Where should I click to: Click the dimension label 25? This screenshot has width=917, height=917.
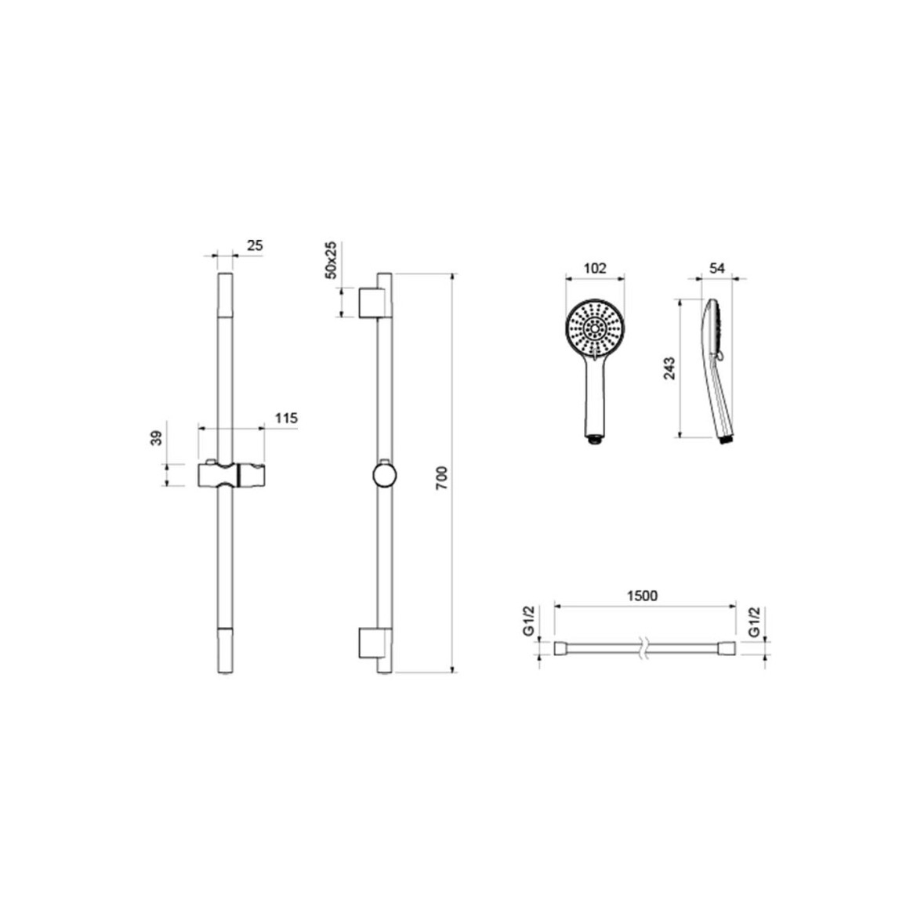coord(255,245)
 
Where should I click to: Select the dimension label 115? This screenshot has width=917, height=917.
coord(287,419)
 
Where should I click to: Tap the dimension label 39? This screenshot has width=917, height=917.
coord(156,438)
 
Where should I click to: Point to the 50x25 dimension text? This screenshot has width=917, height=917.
coord(331,259)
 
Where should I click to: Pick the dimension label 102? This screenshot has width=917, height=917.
coord(596,268)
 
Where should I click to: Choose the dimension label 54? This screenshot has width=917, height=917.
coord(717,268)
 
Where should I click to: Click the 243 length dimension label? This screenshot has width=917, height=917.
coord(670,368)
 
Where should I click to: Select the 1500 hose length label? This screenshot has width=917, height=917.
coord(642,596)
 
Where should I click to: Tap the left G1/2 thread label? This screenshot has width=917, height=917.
coord(529,622)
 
